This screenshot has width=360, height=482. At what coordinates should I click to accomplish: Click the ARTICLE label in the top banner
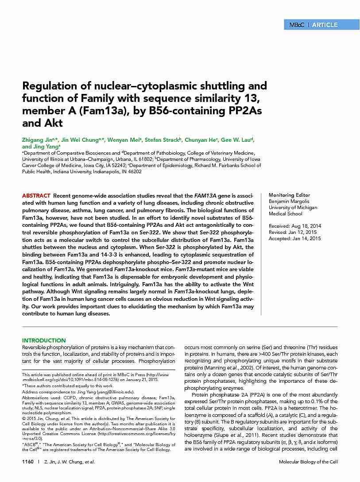coord(325,25)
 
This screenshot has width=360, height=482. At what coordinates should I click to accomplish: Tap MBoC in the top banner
coord(296,25)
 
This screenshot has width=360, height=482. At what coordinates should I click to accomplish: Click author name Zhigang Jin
coord(37,140)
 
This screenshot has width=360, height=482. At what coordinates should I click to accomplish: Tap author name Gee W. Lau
coord(236,140)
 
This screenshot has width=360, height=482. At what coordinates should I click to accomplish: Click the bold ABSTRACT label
coord(36,195)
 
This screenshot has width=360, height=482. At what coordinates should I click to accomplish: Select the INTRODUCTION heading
coord(44,341)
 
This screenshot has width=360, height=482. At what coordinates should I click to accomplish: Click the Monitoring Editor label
coord(289,195)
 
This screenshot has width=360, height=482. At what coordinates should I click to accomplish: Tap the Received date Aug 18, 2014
coord(306,226)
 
